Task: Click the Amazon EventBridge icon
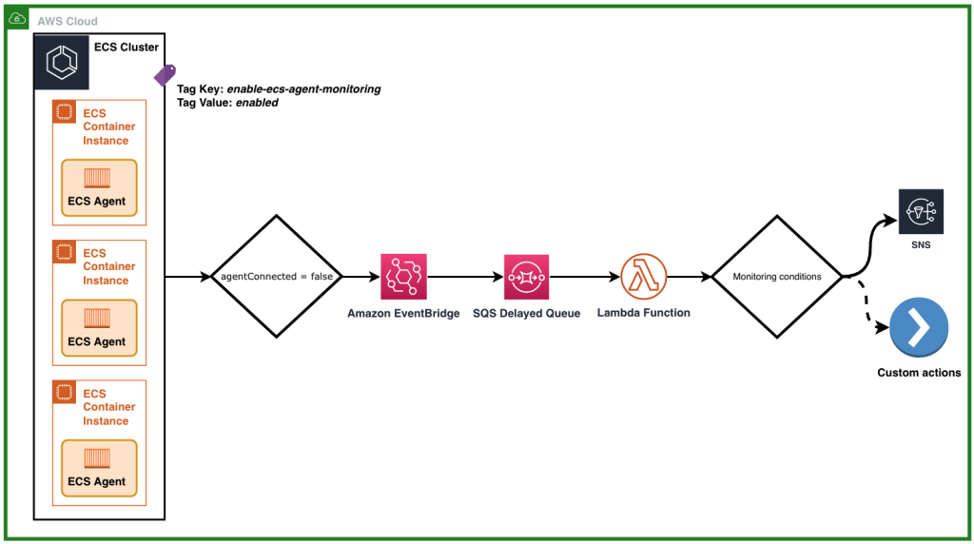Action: tap(403, 277)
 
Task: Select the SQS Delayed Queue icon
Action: tap(526, 277)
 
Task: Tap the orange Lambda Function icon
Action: tap(643, 277)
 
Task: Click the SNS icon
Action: tap(920, 210)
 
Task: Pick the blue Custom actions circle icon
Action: tap(919, 328)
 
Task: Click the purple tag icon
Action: tap(165, 75)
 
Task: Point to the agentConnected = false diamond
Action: tap(276, 277)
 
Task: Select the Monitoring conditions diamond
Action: tap(777, 277)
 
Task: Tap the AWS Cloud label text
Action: tap(68, 21)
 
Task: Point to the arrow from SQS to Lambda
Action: tap(584, 277)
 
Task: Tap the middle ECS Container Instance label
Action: tap(108, 267)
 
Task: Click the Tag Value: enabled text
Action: tap(227, 103)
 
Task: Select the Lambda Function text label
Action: tap(643, 312)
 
